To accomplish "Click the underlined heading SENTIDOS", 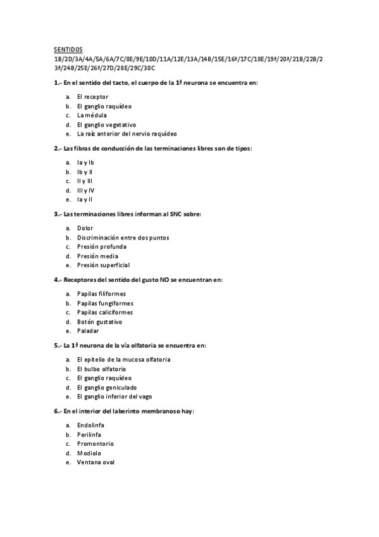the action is click(x=68, y=49).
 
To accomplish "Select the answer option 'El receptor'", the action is click(x=92, y=97).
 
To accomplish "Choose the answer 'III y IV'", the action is click(x=85, y=190).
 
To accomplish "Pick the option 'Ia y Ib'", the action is click(x=85, y=162).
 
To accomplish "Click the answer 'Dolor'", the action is click(x=85, y=228).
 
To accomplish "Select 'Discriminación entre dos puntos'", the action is click(x=123, y=237).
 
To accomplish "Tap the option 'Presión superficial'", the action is click(x=103, y=265).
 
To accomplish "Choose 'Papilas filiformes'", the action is click(x=101, y=294).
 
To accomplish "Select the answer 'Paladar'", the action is click(x=88, y=331).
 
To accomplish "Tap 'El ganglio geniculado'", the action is click(x=106, y=387).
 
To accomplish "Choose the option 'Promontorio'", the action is click(x=96, y=444).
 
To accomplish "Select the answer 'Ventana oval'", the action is click(x=96, y=462).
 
